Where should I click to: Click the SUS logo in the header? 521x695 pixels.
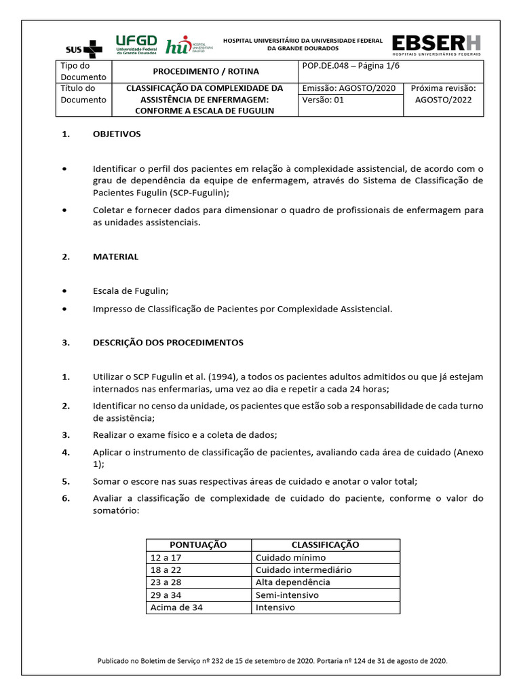[x=84, y=48]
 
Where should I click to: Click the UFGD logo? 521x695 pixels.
[x=136, y=44]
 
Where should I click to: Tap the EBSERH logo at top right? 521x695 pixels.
[x=437, y=44]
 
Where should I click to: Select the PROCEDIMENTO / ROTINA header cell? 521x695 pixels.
[x=205, y=71]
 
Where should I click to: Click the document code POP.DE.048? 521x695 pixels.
[x=329, y=66]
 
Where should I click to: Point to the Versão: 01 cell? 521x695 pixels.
[x=324, y=100]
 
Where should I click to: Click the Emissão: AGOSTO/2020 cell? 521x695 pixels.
[x=348, y=88]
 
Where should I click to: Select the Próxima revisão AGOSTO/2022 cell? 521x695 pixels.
[x=444, y=94]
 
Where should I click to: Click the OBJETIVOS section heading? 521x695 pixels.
[x=116, y=134]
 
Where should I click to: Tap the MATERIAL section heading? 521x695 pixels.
[x=115, y=257]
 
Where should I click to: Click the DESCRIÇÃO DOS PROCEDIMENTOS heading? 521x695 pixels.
[x=168, y=343]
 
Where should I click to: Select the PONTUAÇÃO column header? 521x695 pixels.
[x=198, y=545]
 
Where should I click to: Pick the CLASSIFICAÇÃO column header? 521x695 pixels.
[x=325, y=545]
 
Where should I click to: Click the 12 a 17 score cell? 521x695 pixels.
[x=166, y=558]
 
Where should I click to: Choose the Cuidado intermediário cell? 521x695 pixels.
[x=303, y=570]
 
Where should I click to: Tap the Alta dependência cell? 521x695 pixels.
[x=292, y=582]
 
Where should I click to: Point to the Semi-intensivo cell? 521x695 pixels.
[x=287, y=595]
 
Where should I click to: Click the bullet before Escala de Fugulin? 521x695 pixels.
[x=64, y=290]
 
